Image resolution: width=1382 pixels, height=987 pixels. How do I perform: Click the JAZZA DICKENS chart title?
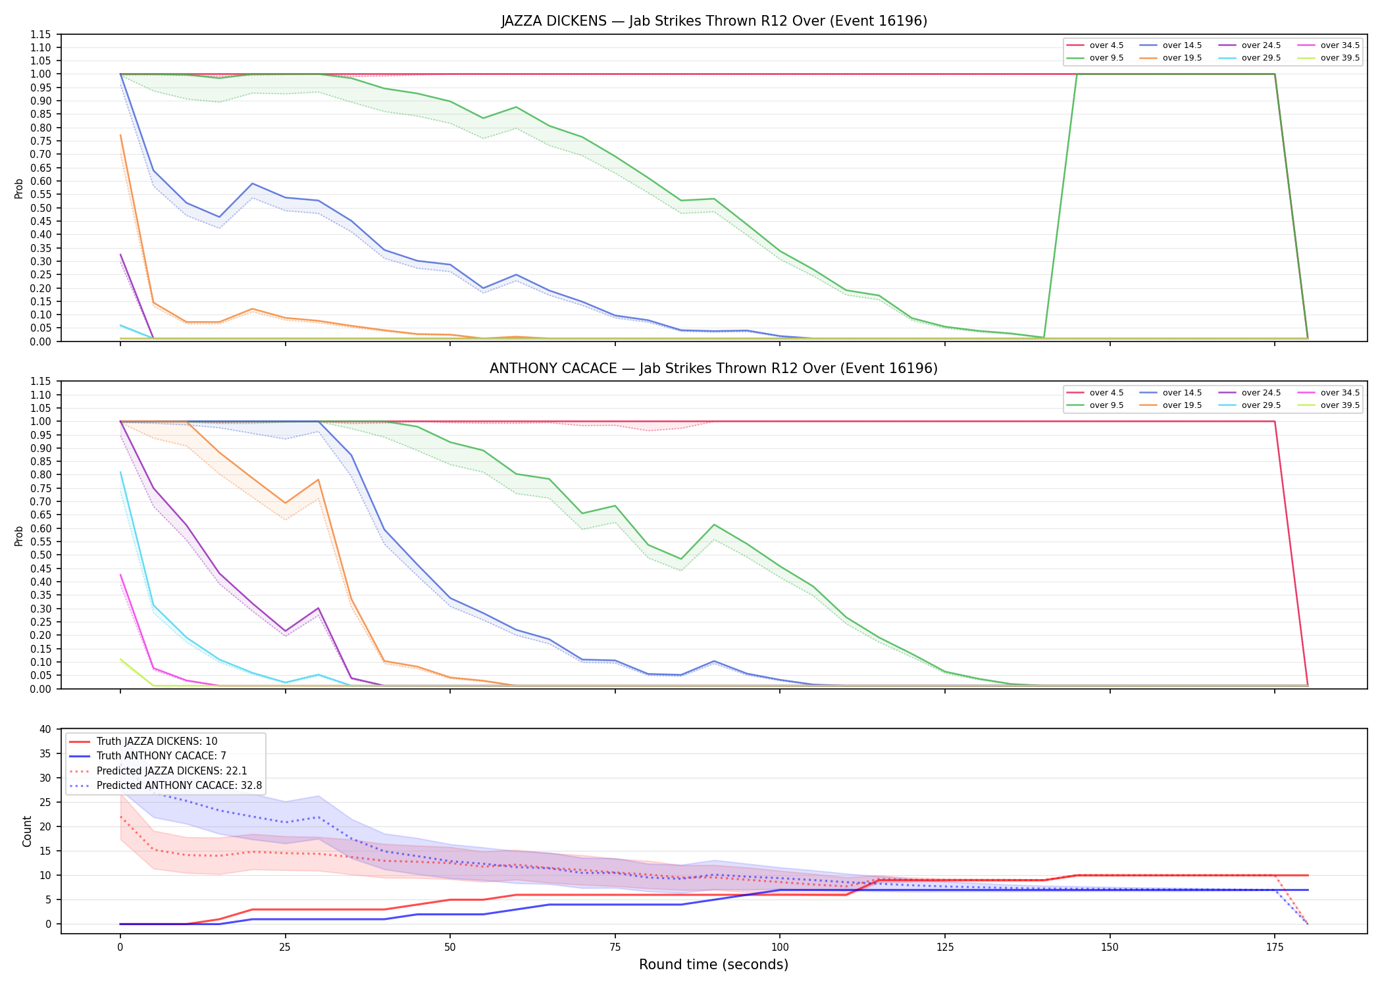coord(714,21)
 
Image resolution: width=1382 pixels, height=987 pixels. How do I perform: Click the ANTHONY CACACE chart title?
coord(714,368)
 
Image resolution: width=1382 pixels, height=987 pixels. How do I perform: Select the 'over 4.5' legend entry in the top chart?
coord(1095,45)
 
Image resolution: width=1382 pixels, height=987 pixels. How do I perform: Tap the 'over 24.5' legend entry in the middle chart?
coord(1249,393)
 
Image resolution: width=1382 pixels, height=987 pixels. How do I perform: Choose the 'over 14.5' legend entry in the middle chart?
coord(1170,393)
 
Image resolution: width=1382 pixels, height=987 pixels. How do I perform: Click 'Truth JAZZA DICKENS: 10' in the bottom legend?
coord(143,742)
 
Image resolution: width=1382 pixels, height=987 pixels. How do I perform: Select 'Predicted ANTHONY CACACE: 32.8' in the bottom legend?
coord(165,786)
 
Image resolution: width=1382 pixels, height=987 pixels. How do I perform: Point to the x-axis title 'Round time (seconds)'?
coord(714,965)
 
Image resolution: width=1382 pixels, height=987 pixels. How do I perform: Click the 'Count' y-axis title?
coord(27,831)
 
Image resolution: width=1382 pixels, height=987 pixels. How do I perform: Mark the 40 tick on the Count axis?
coord(45,729)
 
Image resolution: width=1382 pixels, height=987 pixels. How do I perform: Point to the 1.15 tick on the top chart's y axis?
coord(41,34)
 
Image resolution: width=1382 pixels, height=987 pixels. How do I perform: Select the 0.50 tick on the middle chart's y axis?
coord(41,555)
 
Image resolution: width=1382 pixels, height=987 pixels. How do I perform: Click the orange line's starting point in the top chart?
coord(120,135)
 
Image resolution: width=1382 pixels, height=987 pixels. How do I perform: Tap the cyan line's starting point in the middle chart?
coord(120,472)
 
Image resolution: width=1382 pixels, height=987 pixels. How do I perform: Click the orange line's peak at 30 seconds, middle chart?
coord(319,480)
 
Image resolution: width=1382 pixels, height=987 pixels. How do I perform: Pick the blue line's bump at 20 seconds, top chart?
coord(252,184)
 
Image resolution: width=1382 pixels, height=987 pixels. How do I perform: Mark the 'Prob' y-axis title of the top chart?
coord(19,189)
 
